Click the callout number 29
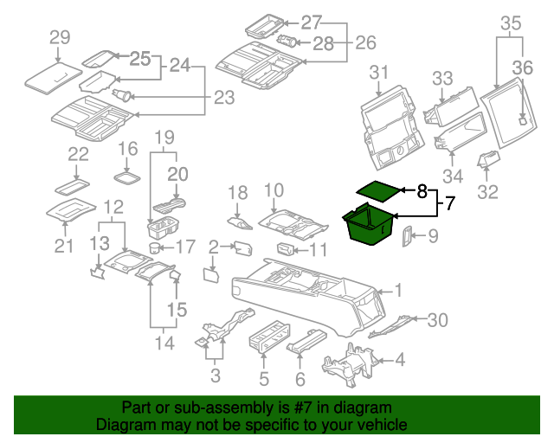[x=59, y=37]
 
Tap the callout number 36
[x=522, y=67]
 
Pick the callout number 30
[x=438, y=320]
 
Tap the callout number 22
[x=79, y=155]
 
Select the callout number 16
[x=127, y=148]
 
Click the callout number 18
[x=237, y=192]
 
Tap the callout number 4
[x=399, y=359]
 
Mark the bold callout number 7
[x=449, y=204]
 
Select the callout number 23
[x=223, y=98]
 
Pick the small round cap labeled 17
[x=156, y=247]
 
